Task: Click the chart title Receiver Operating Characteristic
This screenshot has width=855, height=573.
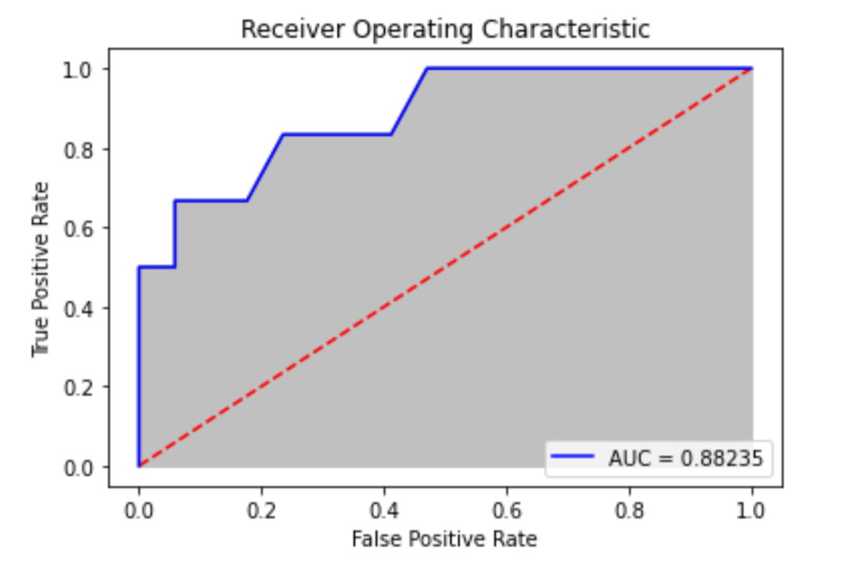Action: point(445,30)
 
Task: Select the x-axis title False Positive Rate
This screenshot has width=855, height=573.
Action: point(444,538)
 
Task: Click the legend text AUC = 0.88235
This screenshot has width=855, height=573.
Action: point(685,458)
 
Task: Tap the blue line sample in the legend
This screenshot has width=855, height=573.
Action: point(573,456)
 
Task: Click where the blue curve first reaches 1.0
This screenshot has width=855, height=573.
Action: point(427,68)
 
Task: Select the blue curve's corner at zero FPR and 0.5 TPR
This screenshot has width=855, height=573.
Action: point(139,267)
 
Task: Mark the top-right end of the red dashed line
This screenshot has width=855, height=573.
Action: point(752,68)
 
